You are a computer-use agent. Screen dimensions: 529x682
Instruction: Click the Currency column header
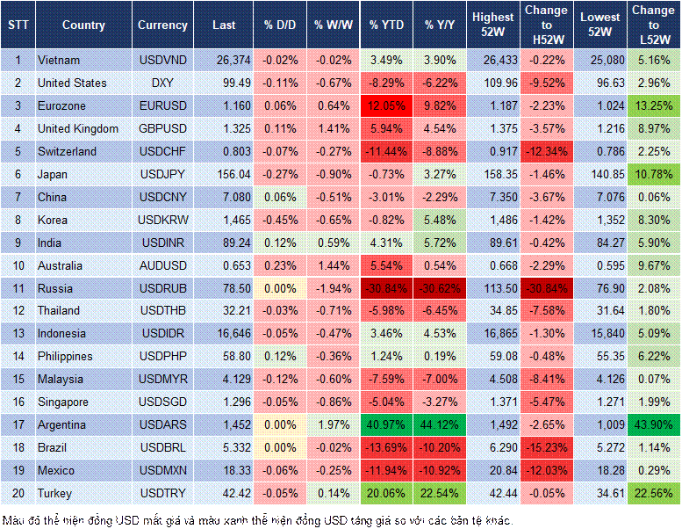coord(162,25)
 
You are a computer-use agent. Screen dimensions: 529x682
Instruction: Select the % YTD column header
coord(386,25)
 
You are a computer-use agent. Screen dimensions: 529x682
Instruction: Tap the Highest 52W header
coord(493,25)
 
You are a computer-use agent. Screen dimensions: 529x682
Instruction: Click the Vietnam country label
coord(59,60)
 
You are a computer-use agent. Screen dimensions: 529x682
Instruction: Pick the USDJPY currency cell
coord(162,174)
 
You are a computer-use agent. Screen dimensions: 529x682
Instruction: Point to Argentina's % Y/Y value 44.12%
coord(441,424)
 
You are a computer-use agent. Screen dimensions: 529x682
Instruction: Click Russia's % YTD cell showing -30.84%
coord(386,288)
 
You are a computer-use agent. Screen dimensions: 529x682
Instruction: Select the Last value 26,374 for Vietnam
coord(224,60)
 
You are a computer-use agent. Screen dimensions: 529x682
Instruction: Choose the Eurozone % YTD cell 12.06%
coord(386,105)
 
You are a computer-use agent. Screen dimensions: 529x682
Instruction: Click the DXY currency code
coord(162,83)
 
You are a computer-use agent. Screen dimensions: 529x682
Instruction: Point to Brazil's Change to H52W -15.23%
coord(546,447)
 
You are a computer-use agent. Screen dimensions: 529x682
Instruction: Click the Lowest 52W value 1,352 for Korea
coord(600,220)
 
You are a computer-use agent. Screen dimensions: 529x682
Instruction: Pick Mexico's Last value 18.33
coord(224,470)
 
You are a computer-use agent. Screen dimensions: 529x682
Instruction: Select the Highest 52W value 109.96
coord(493,83)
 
